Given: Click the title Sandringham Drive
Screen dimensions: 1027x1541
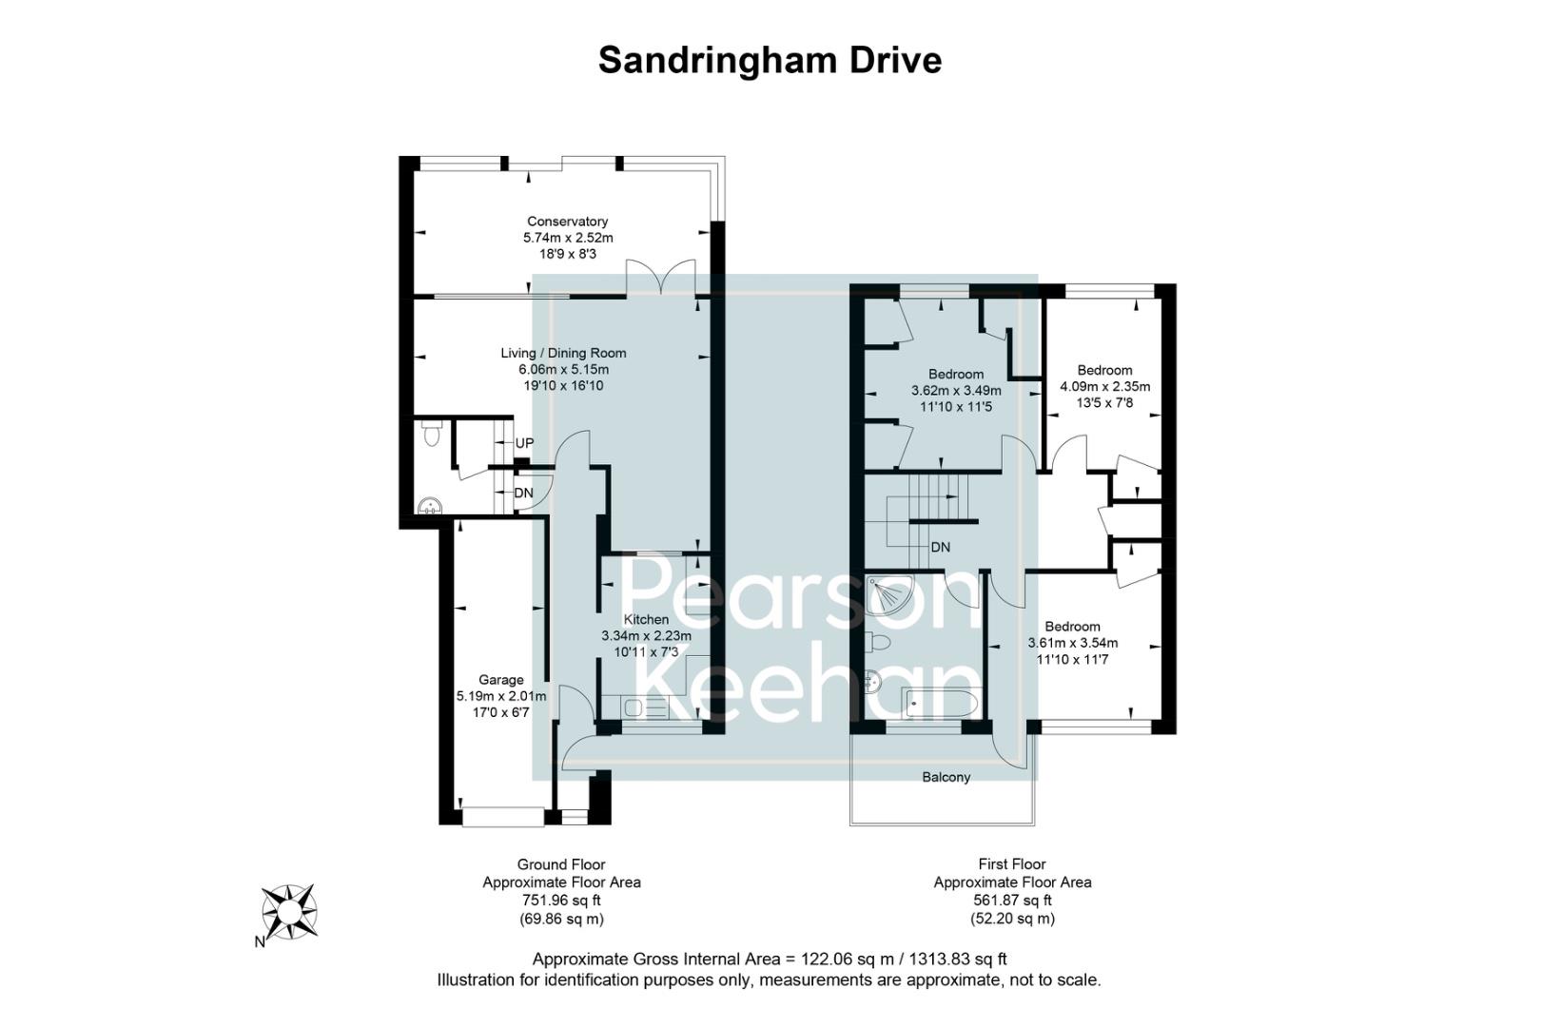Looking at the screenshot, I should point(770,60).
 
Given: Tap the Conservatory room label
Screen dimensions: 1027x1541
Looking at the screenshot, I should point(567,222).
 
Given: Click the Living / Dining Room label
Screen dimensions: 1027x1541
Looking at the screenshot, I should point(563,353).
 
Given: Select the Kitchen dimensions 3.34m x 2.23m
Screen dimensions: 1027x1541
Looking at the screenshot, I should point(646,636).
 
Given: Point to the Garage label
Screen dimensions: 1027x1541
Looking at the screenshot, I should point(500,680).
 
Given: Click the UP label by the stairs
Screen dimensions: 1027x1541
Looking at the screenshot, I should point(524,443).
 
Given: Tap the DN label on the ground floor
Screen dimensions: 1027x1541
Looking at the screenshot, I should point(523,493).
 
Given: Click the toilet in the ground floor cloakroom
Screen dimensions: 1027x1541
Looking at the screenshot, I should point(431,435).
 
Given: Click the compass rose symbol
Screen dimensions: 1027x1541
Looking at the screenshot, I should point(289,911).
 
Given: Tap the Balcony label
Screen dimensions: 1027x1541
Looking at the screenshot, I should point(946,777).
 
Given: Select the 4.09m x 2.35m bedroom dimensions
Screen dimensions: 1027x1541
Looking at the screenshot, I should point(1104,387).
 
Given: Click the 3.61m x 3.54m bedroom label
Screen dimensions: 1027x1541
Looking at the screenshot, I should point(1072,643).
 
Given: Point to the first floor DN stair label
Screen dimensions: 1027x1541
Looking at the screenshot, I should point(940,548).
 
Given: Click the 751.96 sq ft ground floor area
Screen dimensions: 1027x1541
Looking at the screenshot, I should point(561,901).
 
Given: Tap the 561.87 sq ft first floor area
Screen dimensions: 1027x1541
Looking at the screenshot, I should point(1012,901).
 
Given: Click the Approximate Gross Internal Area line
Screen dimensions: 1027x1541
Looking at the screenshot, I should point(769,959).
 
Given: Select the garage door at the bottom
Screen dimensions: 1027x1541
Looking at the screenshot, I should point(503,815).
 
